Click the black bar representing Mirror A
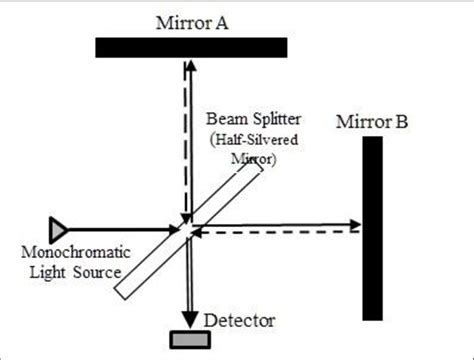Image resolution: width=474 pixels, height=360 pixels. point(191,47)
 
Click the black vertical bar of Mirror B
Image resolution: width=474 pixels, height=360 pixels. point(373,228)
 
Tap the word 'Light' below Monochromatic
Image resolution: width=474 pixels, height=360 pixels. point(43,272)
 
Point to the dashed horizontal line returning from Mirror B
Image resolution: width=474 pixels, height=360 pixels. point(280,233)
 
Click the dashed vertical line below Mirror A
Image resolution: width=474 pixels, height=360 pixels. point(183,140)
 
